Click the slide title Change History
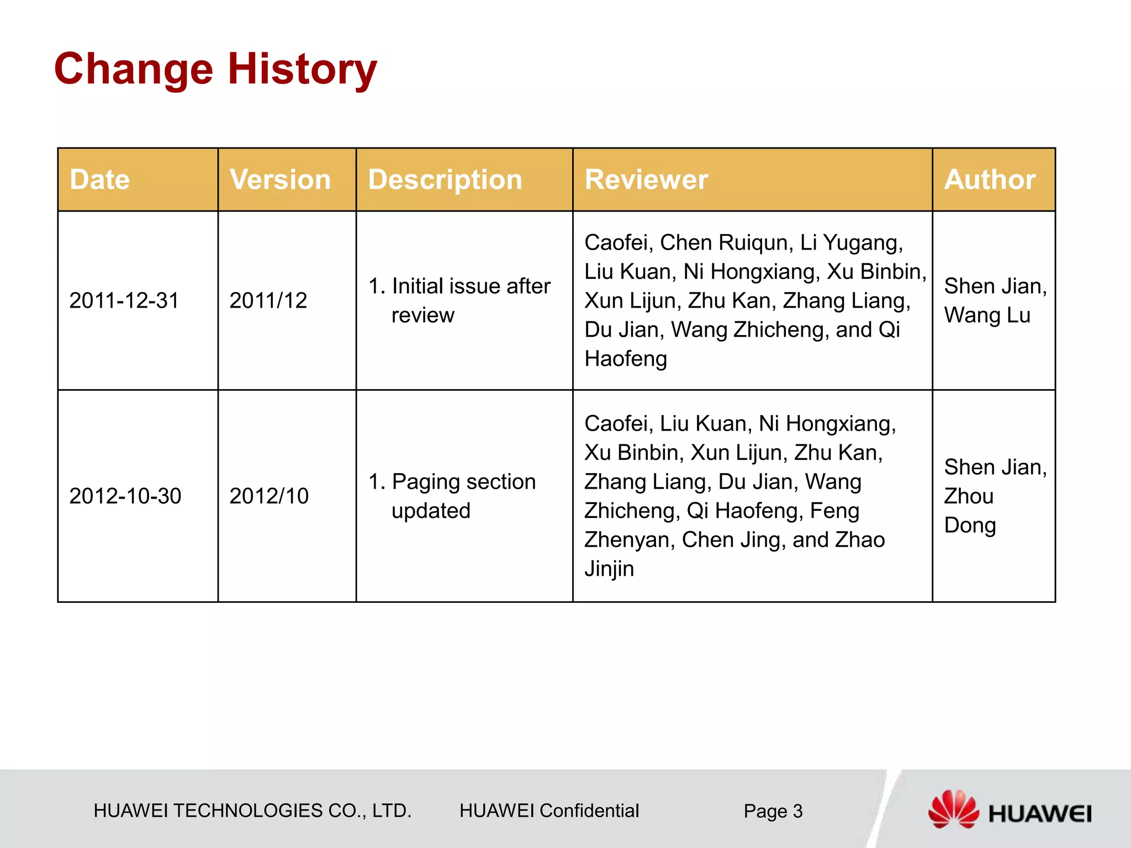pyautogui.click(x=215, y=69)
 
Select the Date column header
pyautogui.click(x=100, y=180)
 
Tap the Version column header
pyautogui.click(x=280, y=180)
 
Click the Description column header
pyautogui.click(x=445, y=180)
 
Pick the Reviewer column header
pyautogui.click(x=646, y=180)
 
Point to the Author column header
pyautogui.click(x=990, y=180)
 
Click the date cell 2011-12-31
pyautogui.click(x=124, y=301)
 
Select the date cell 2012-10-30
pyautogui.click(x=125, y=496)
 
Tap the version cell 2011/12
pyautogui.click(x=268, y=301)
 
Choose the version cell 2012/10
pyautogui.click(x=269, y=496)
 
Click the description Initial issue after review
pyautogui.click(x=460, y=301)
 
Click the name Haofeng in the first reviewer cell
pyautogui.click(x=626, y=359)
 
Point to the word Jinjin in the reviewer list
pyautogui.click(x=609, y=569)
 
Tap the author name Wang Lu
pyautogui.click(x=987, y=315)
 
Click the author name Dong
pyautogui.click(x=970, y=526)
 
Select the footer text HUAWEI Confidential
pyautogui.click(x=549, y=810)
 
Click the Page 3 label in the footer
pyautogui.click(x=773, y=811)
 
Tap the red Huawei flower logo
pyautogui.click(x=953, y=809)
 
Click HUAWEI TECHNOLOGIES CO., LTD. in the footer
pyautogui.click(x=252, y=810)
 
